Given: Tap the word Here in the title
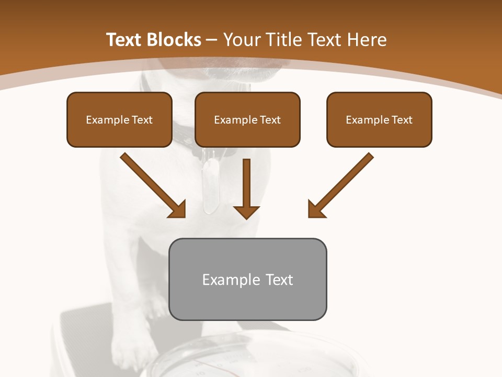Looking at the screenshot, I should pos(367,40).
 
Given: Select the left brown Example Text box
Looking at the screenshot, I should pos(119,119).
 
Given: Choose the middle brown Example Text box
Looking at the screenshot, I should pos(247,119).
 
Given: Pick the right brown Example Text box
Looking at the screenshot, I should pos(379,119).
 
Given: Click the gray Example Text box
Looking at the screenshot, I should pos(248,279).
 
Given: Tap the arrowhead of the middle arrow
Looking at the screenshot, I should pos(246,211).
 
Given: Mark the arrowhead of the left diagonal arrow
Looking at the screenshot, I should pos(177,209).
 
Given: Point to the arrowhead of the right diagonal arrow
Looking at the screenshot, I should pos(316,209).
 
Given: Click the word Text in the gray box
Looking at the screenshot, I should pos(279,280).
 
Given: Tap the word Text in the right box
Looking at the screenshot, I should pos(402,120).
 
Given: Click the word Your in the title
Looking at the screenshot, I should pos(241,40).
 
